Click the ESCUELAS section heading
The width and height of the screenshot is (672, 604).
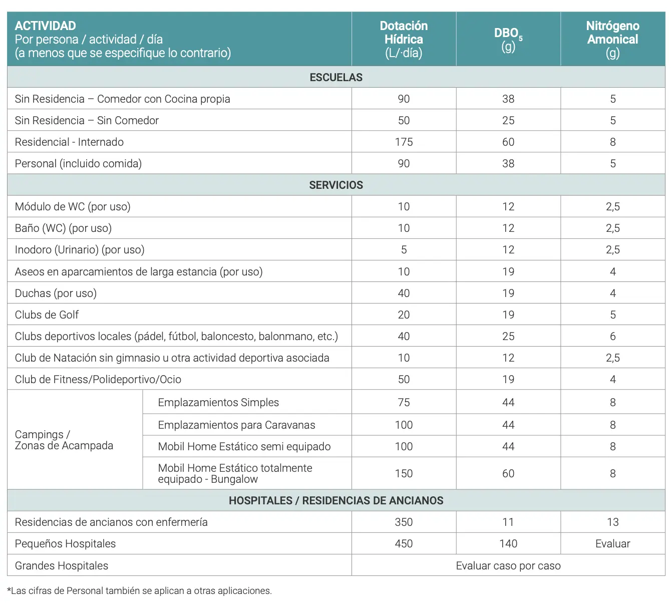(x=336, y=77)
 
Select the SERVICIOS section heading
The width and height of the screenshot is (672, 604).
(x=336, y=185)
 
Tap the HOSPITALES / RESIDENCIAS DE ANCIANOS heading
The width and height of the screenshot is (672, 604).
(x=336, y=500)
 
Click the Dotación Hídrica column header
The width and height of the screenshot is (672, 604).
(x=404, y=39)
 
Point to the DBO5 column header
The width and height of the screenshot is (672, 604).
(x=508, y=39)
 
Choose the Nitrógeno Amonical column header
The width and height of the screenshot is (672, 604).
(x=612, y=39)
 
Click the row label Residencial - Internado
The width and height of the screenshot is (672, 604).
(x=69, y=142)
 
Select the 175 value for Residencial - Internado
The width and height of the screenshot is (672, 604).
(x=404, y=142)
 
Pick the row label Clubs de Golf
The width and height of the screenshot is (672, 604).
(x=47, y=315)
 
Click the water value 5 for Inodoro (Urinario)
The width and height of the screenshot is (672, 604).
(x=404, y=249)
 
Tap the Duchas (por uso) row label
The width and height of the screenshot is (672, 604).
(x=56, y=293)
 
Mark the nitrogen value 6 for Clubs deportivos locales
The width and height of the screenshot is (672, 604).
(x=612, y=336)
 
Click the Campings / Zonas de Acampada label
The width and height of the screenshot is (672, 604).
(x=64, y=440)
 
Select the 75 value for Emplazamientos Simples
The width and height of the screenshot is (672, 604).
(x=404, y=402)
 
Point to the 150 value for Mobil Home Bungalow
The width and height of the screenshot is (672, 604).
(x=404, y=473)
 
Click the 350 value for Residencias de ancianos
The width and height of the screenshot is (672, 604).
(x=404, y=522)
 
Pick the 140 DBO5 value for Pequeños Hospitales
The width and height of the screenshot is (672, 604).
(x=508, y=543)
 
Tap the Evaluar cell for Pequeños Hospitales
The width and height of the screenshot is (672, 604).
(x=612, y=543)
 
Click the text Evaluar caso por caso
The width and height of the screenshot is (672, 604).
(x=508, y=565)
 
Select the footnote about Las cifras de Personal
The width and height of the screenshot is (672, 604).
(x=140, y=590)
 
